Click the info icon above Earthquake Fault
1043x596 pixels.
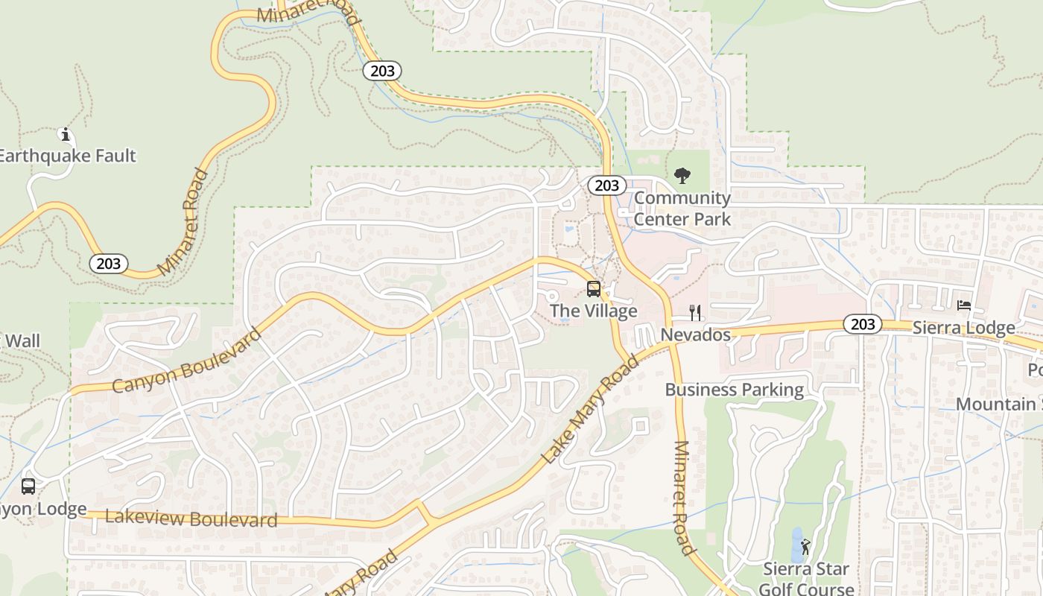(66, 135)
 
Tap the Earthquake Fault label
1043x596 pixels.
(67, 156)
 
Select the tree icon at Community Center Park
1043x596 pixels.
(682, 177)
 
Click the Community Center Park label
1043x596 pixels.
(682, 209)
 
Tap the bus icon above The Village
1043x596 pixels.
(594, 289)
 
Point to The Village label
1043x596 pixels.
(594, 311)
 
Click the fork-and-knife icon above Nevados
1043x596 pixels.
(695, 313)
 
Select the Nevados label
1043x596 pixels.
(696, 335)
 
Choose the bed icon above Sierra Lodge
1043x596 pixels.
(964, 305)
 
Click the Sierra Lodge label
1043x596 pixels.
(963, 328)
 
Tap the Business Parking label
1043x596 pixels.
(734, 390)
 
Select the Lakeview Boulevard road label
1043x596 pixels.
(191, 519)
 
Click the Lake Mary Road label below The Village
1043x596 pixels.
(590, 410)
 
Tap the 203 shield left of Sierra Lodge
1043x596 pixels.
(863, 324)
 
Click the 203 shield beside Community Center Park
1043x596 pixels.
(606, 186)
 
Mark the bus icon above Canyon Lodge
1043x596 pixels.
(28, 486)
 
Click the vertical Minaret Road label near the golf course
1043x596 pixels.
(684, 498)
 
